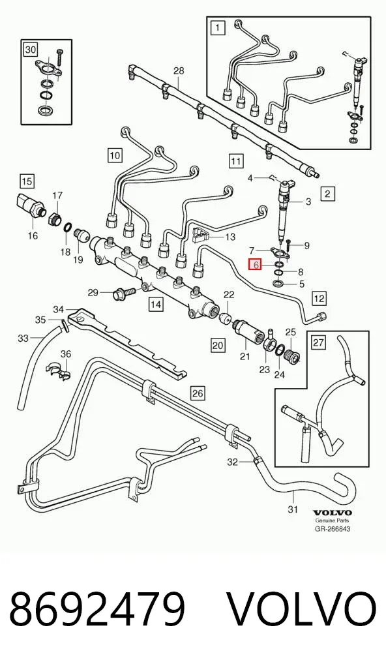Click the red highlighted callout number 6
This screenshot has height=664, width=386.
point(255,265)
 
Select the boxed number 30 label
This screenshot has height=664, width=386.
point(31,50)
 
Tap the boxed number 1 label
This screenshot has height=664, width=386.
point(218,28)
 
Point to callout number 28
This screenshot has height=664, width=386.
point(179,70)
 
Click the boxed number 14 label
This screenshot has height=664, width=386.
point(156,305)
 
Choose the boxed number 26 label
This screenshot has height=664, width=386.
point(198,393)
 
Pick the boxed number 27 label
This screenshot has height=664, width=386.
point(318,342)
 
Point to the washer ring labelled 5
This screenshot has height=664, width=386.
point(279,283)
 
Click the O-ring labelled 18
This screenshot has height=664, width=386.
point(67,228)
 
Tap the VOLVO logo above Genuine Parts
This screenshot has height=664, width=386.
point(333,513)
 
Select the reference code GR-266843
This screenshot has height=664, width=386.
point(333,528)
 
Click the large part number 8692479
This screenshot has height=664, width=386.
point(98,609)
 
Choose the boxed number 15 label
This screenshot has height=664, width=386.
point(27,182)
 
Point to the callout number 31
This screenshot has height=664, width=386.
point(293,509)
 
